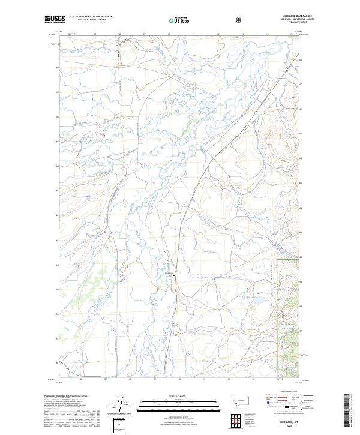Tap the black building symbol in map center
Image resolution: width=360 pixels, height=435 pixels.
click(174, 275)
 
